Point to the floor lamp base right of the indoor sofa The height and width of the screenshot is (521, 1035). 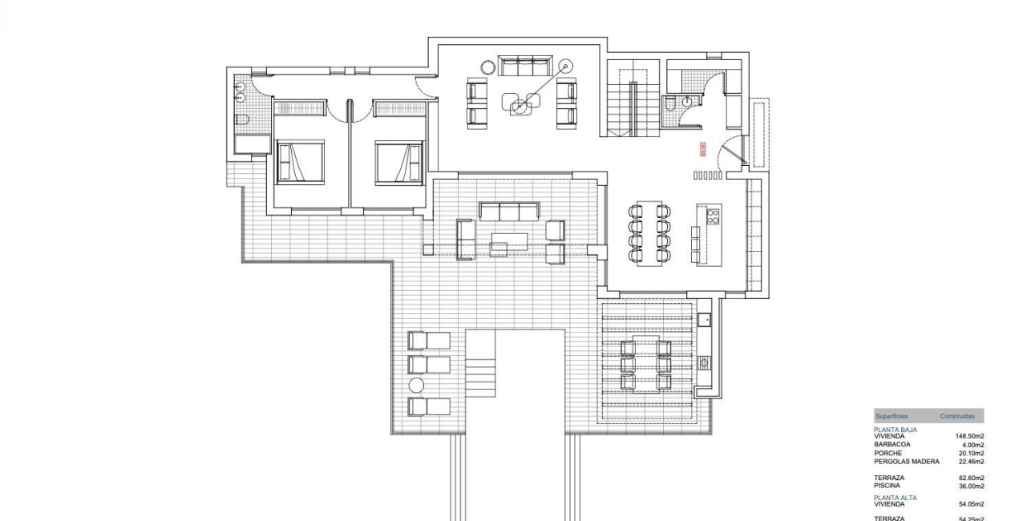[x=566, y=67]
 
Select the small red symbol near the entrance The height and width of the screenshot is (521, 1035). [x=703, y=149]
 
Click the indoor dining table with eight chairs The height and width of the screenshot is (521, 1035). [x=649, y=233]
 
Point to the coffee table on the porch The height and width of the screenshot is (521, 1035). [x=509, y=239]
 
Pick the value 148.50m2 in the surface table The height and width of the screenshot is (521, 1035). [x=969, y=437]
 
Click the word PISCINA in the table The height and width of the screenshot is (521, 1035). [x=887, y=486]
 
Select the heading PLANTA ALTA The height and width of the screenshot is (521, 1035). [x=896, y=498]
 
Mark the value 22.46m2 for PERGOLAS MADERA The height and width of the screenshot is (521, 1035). [x=969, y=462]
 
